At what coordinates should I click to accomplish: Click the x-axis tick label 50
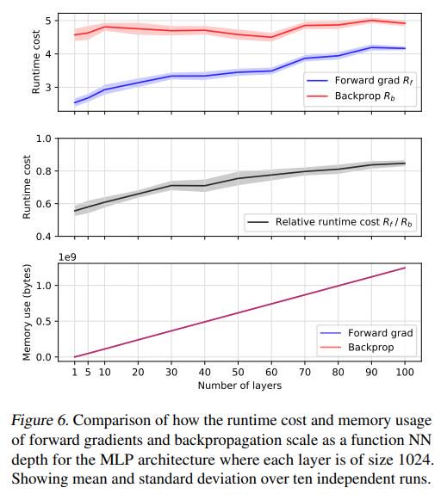(x=238, y=372)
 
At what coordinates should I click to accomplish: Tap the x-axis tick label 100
(x=405, y=372)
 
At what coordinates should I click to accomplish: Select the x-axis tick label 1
(x=75, y=372)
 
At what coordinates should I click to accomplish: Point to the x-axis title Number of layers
(x=239, y=386)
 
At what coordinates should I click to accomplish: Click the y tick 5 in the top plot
(x=48, y=21)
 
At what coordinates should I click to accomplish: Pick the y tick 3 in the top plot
(x=48, y=88)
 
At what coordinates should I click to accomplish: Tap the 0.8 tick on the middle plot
(x=44, y=171)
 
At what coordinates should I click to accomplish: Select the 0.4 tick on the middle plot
(x=44, y=237)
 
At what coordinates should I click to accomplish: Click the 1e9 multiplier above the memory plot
(x=67, y=257)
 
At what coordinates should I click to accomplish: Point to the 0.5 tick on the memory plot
(x=44, y=321)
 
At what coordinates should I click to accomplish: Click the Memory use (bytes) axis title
(x=27, y=312)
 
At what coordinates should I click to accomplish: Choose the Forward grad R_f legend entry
(x=360, y=81)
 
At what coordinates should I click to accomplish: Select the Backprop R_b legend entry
(x=351, y=96)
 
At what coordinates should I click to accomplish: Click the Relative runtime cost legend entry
(x=330, y=222)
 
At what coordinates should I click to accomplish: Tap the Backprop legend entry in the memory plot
(x=357, y=348)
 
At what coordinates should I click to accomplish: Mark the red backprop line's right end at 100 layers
(x=405, y=23)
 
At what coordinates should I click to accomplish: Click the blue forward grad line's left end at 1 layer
(x=75, y=102)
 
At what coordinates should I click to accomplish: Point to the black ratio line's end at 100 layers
(x=405, y=164)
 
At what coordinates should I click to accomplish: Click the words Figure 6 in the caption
(x=40, y=420)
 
